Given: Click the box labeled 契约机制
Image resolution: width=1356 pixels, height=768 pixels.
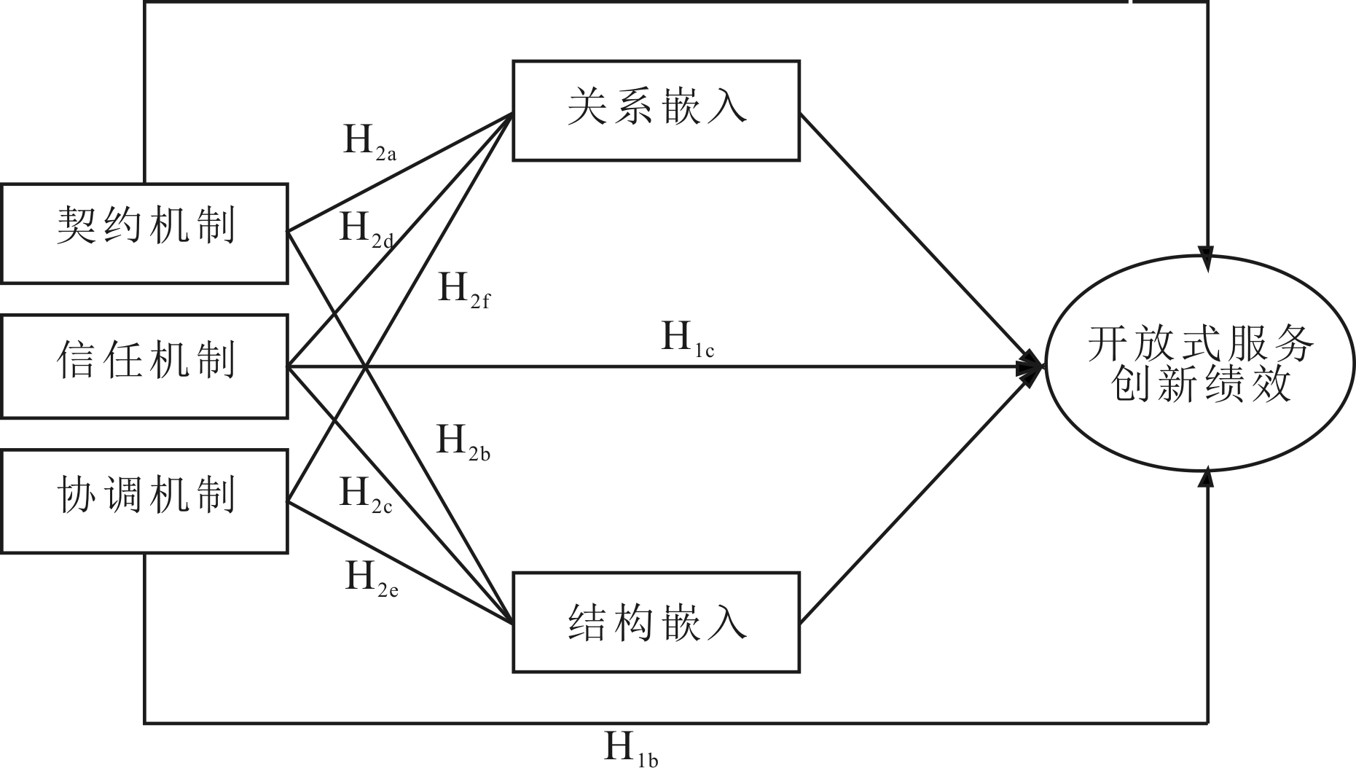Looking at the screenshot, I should click(x=144, y=233).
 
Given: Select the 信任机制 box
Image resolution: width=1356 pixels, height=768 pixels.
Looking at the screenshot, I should click(x=144, y=366).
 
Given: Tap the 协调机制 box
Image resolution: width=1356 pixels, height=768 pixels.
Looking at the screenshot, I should click(x=144, y=501).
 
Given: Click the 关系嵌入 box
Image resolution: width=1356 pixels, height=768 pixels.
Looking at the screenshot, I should click(x=656, y=111).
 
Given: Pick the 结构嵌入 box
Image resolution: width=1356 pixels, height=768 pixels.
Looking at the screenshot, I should click(x=656, y=622).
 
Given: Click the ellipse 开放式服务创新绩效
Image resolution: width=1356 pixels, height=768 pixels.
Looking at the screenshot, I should click(x=1200, y=363).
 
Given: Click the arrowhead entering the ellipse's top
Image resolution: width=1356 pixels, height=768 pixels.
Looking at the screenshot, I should click(x=1207, y=261).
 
